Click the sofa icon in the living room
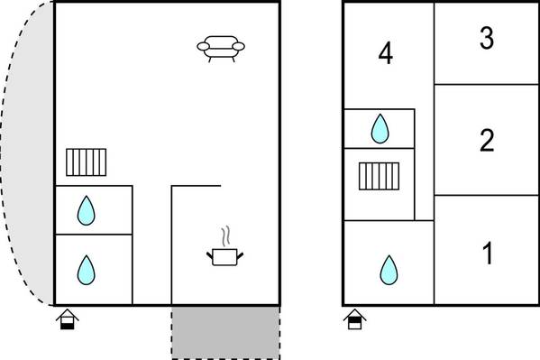[x=221, y=49]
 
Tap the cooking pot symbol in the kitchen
[x=224, y=257]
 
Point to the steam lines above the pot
[x=226, y=235]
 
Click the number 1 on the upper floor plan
[x=488, y=254]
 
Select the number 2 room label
[x=487, y=140]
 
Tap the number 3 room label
[x=487, y=38]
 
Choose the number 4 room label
[x=385, y=53]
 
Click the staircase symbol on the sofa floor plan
[x=87, y=162]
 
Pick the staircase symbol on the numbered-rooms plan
[x=380, y=176]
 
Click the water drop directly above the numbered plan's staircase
[x=380, y=129]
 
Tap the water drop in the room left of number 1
[x=389, y=271]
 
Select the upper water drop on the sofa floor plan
[x=87, y=211]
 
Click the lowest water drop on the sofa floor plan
[x=87, y=271]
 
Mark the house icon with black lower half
[x=68, y=319]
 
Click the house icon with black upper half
[x=354, y=319]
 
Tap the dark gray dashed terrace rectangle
[x=226, y=333]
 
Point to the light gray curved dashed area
[x=29, y=153]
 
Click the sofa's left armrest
[x=204, y=46]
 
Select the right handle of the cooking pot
[x=240, y=256]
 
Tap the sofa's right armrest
[x=238, y=46]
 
